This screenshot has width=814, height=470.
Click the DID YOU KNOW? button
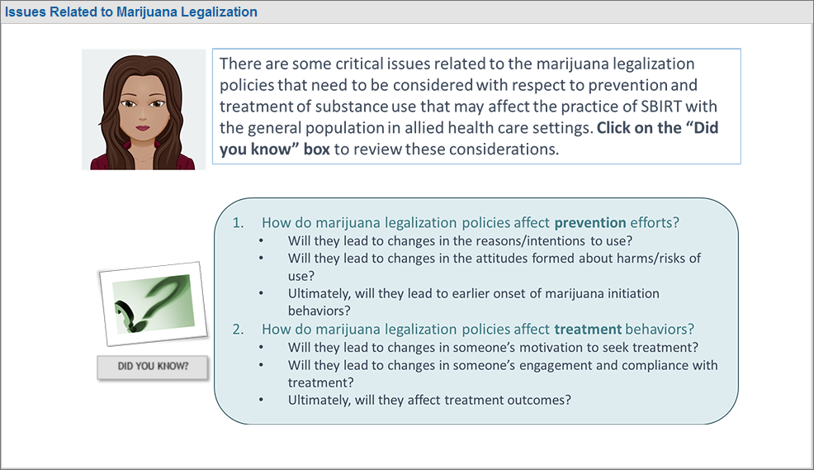click(x=153, y=367)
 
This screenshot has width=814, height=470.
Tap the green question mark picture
click(x=154, y=304)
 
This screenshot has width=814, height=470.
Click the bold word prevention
click(x=590, y=223)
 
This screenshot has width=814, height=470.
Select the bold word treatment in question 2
click(x=588, y=330)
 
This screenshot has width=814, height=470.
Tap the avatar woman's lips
click(x=143, y=127)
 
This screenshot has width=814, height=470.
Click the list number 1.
click(x=238, y=223)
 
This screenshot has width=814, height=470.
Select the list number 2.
click(x=238, y=330)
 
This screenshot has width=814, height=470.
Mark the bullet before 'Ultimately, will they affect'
click(x=261, y=401)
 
